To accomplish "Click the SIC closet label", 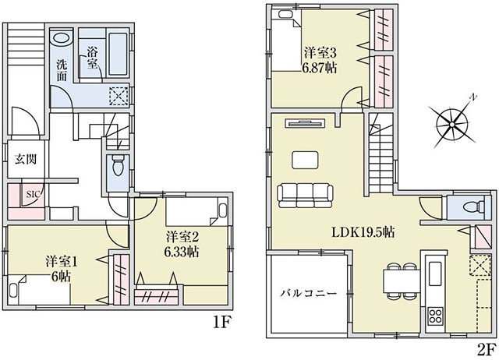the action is tap(32, 194).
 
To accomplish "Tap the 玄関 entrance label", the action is tap(26, 159).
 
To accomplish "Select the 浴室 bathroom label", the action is tap(92, 58).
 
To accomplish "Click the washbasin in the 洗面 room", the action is tap(62, 37).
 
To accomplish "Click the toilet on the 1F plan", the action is tap(118, 166).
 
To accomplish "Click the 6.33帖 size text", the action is tap(182, 252).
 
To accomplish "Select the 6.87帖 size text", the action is tap(319, 68).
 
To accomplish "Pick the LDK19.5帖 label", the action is tap(363, 232).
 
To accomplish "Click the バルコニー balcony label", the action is tap(308, 293).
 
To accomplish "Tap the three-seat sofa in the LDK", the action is tap(305, 196).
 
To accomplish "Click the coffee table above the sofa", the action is tap(305, 160).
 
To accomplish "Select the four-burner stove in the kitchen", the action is tap(435, 316).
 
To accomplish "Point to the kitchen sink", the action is tap(435, 274).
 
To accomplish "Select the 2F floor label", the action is tap(487, 349).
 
